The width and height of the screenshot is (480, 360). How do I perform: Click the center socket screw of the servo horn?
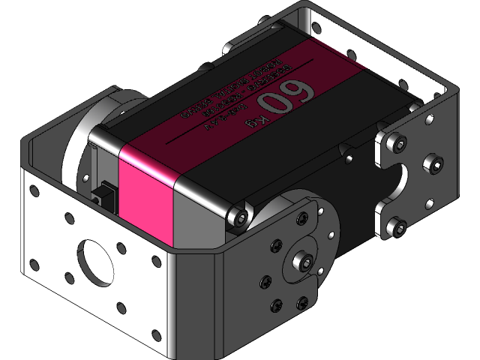coord(305,262)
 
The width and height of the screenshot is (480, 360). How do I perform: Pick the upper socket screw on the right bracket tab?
coord(399,142)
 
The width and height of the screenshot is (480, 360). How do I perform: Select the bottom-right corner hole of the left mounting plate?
coord(156,334)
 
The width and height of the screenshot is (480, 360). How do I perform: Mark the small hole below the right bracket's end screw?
coord(430,202)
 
